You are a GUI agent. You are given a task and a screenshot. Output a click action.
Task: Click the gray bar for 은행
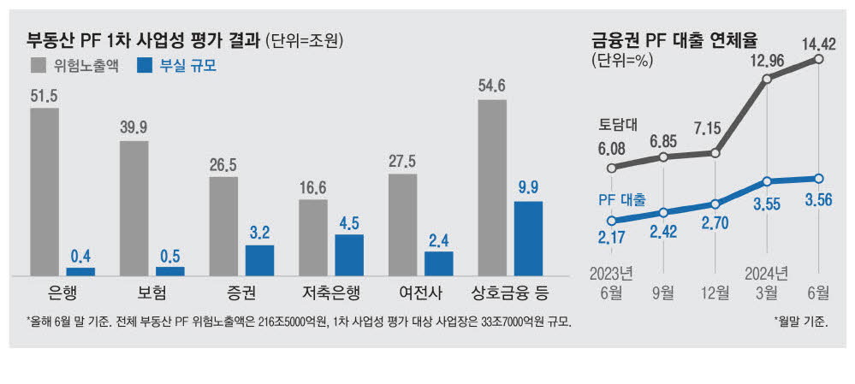click(x=45, y=192)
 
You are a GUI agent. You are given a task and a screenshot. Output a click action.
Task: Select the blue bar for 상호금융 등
click(x=528, y=239)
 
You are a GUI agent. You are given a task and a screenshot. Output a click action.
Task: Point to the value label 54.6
click(x=492, y=86)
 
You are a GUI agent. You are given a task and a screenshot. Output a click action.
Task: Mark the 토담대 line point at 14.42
click(x=819, y=59)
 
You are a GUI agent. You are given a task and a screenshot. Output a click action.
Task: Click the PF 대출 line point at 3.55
click(x=767, y=181)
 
